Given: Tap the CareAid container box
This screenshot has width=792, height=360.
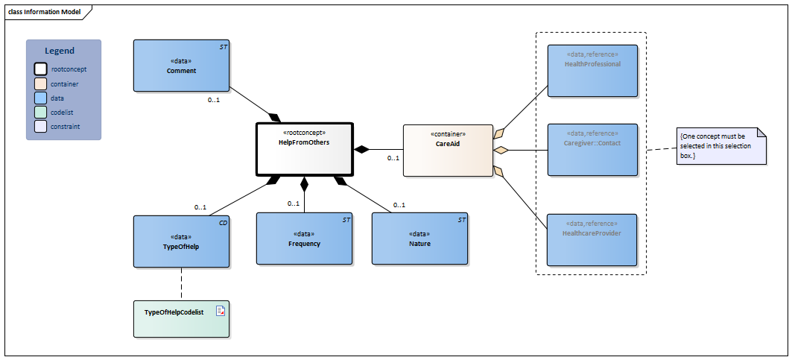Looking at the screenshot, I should [x=447, y=150].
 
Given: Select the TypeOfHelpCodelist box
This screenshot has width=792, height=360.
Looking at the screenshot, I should [x=181, y=318].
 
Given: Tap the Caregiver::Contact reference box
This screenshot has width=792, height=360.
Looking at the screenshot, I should [x=592, y=150].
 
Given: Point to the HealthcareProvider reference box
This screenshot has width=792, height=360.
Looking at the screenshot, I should [x=592, y=239].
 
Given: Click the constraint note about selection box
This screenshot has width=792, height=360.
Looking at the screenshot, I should [x=721, y=146].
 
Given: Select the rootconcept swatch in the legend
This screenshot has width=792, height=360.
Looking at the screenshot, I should [x=40, y=69].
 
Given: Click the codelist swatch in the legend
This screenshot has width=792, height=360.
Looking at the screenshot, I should [x=40, y=113].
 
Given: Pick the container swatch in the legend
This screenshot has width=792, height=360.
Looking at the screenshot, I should [x=40, y=84].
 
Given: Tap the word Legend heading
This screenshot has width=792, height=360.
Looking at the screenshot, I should [x=60, y=51].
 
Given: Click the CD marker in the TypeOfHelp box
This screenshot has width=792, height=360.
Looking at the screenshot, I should [x=223, y=222].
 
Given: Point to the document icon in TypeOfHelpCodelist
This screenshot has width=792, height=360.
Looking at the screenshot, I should [x=221, y=311].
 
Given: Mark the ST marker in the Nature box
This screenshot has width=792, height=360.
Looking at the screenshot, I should [x=462, y=219].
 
